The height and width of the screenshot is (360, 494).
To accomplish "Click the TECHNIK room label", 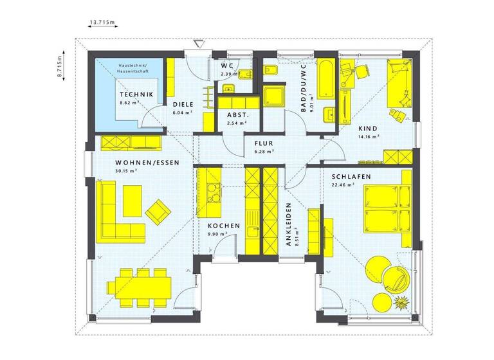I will point(136,94).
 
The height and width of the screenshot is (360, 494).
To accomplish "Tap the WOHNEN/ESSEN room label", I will point(147,163).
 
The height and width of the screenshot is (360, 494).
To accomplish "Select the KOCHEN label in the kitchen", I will point(224,226).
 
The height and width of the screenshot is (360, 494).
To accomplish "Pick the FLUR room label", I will point(264,143).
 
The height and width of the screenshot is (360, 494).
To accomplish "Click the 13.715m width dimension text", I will point(101,23).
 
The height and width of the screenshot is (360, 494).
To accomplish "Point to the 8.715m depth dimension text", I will point(58,64).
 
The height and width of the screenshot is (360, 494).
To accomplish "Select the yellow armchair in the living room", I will point(158,210).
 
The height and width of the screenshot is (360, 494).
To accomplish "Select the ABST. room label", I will point(233,116).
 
